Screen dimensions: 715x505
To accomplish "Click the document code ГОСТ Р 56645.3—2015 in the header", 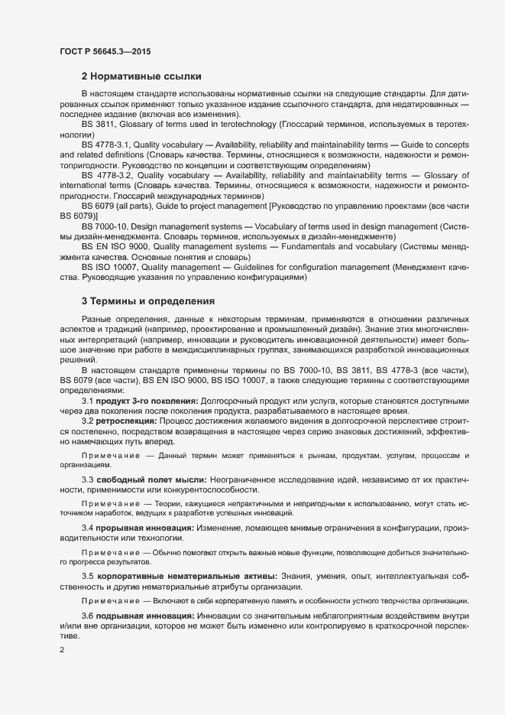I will [x=105, y=51].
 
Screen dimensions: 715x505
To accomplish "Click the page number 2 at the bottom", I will [x=61, y=650].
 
